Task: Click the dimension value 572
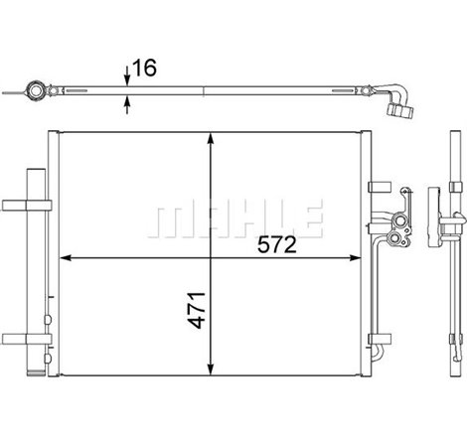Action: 277,245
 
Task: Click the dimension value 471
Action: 197,310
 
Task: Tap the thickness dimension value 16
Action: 144,68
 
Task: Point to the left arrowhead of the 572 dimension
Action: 67,258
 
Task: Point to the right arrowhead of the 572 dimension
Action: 355,258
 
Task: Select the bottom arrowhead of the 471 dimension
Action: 211,369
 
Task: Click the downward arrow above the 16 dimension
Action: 127,75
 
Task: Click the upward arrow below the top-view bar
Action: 127,105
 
